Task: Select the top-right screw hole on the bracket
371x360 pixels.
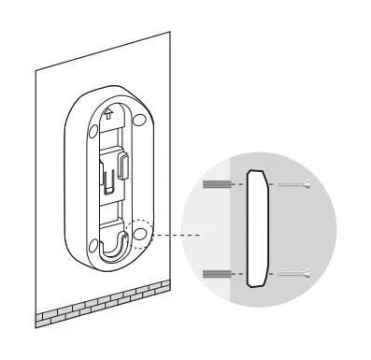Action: point(137,121)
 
